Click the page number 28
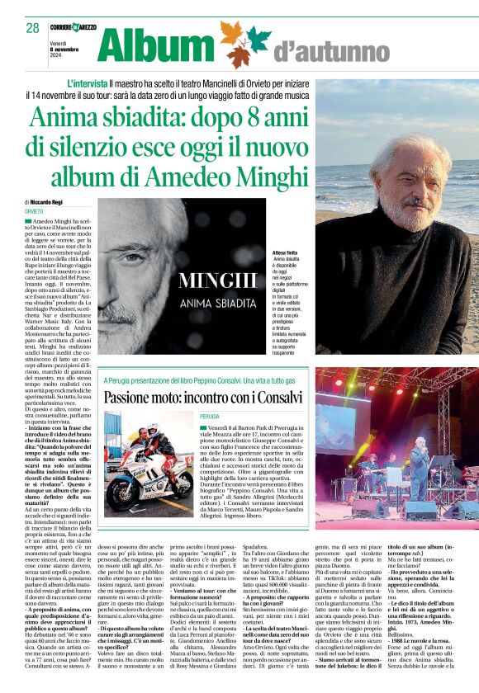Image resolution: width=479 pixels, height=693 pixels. click(x=32, y=28)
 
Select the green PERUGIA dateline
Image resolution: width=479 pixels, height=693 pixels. click(x=209, y=417)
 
